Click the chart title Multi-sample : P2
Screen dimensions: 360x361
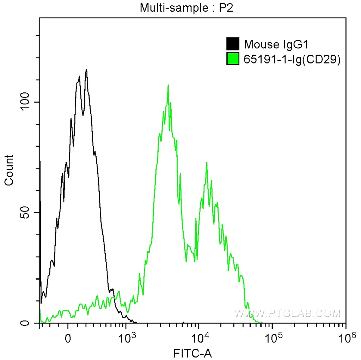click(x=187, y=7)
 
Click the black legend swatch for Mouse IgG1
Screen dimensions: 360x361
click(x=233, y=44)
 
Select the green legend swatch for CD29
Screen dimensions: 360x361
click(x=233, y=59)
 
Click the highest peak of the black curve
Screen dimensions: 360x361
click(x=86, y=70)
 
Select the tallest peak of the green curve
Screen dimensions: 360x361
click(x=168, y=85)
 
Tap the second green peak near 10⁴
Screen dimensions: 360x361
click(x=207, y=163)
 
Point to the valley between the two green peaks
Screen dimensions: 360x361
click(x=186, y=261)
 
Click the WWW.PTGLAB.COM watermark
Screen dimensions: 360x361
click(x=288, y=313)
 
